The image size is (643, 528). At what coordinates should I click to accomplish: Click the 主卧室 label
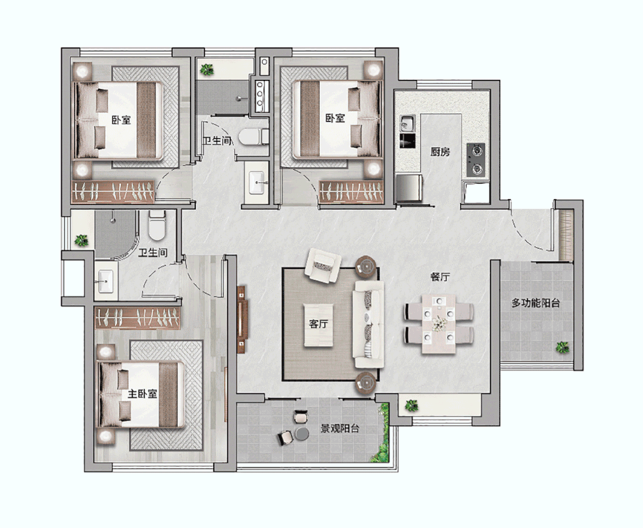142,394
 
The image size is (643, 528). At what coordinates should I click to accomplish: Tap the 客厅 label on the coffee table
318,324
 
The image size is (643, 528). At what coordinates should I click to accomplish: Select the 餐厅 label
439,277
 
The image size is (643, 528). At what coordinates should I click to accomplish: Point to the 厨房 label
440,152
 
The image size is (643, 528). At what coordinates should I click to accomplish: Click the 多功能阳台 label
536,303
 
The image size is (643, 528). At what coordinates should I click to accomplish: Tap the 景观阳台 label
340,428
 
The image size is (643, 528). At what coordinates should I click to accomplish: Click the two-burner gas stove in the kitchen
476,160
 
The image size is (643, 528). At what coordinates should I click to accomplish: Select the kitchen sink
407,123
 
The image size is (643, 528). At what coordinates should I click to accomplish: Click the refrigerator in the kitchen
409,188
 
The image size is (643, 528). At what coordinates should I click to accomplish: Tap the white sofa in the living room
369,324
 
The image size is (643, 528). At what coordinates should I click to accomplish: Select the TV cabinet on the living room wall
242,319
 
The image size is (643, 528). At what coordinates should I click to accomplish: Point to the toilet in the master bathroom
157,226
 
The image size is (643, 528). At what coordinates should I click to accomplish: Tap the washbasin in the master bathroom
106,281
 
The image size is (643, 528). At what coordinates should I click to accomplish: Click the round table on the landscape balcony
302,434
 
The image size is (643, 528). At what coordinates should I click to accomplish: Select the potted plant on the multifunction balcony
562,348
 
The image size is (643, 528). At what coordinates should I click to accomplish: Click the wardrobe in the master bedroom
138,318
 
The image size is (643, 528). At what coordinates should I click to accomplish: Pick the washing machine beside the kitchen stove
476,192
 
